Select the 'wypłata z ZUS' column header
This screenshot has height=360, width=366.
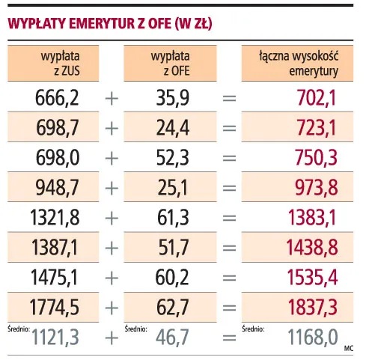point(61,63)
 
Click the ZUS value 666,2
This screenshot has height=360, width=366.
point(57,97)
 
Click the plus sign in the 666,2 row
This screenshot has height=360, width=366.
point(112,97)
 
